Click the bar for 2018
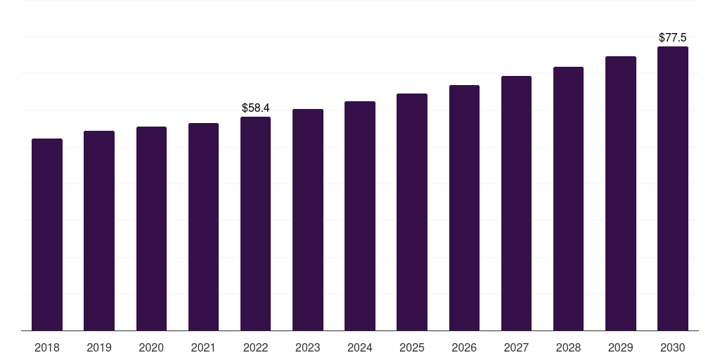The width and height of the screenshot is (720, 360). [x=47, y=235]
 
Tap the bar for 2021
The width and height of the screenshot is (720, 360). [x=203, y=227]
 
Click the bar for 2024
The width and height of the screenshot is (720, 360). [x=360, y=216]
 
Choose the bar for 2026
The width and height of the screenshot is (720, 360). [x=464, y=208]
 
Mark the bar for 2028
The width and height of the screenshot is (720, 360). [x=568, y=199]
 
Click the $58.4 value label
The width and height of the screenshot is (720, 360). [x=256, y=108]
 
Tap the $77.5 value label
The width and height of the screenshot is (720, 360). [x=673, y=37]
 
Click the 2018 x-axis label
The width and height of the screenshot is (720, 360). [x=47, y=347]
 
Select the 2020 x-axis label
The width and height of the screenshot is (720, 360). [x=151, y=347]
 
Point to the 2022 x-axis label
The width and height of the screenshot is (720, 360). [x=255, y=347]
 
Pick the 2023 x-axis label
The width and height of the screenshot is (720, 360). [x=308, y=347]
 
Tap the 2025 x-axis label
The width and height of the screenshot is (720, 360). [x=412, y=347]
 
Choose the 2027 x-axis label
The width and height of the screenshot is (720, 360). [x=516, y=347]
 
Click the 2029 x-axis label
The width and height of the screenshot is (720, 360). [x=621, y=347]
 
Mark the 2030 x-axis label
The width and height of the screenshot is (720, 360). [x=673, y=347]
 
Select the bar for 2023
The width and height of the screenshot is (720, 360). [x=308, y=220]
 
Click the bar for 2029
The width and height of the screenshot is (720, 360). [x=621, y=193]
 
